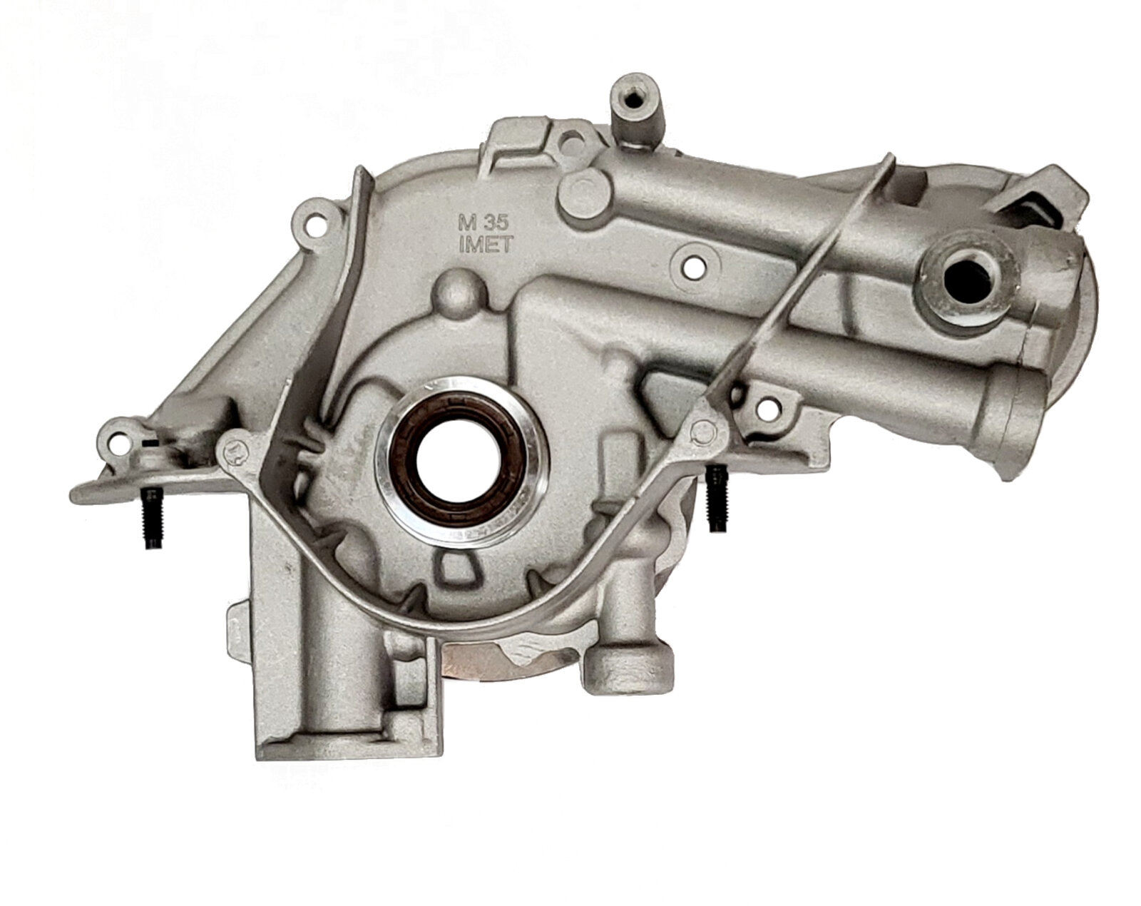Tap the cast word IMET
point(486,245)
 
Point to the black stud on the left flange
point(148,512)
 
